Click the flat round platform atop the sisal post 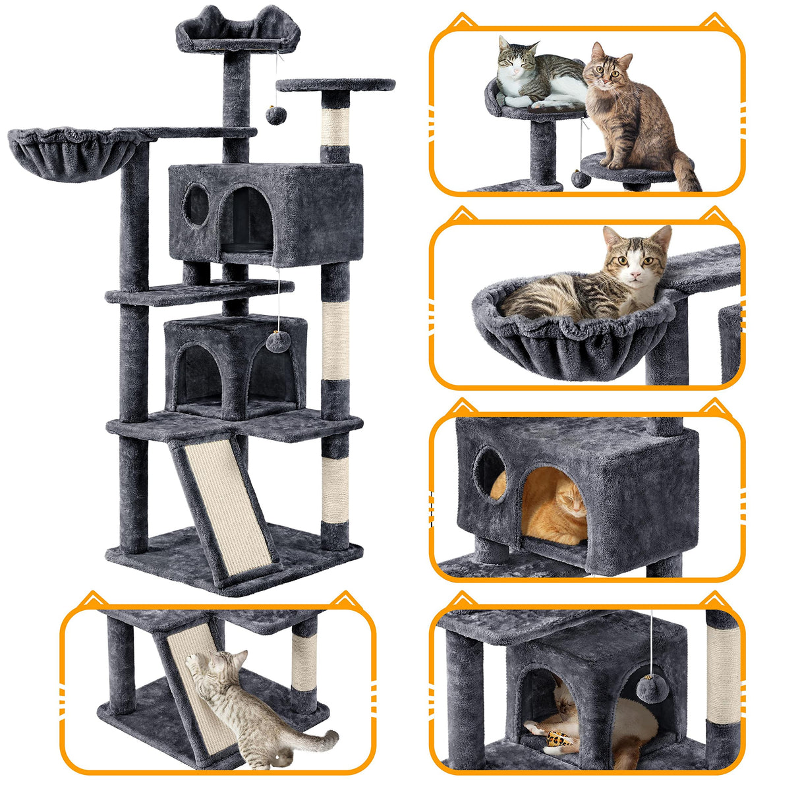click(336, 85)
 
